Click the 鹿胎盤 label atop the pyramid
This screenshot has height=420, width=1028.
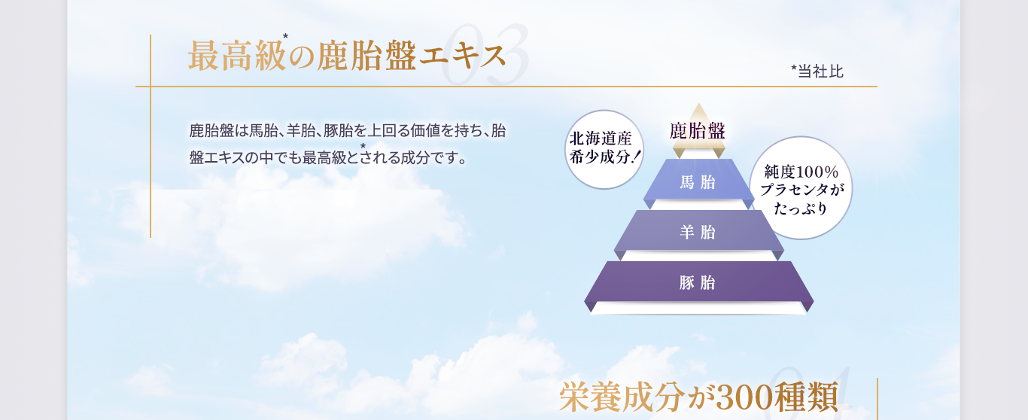tap(697, 131)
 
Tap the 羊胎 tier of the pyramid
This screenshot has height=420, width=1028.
tap(698, 231)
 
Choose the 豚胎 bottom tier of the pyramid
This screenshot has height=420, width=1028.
tap(698, 282)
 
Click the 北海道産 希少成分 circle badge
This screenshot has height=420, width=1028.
tap(604, 149)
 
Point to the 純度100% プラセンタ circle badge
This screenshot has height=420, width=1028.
tap(801, 187)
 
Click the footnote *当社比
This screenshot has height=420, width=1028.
tap(817, 72)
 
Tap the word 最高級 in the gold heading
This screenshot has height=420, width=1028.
tap(237, 56)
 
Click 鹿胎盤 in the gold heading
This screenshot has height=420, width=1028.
tap(366, 56)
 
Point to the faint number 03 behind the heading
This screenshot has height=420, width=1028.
tap(485, 55)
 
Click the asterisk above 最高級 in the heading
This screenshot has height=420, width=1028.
tap(285, 36)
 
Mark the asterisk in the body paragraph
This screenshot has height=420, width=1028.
tap(363, 146)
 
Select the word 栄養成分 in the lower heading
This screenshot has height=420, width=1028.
tap(622, 397)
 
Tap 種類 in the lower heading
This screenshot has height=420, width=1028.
tap(806, 397)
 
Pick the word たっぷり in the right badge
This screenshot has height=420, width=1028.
tap(801, 208)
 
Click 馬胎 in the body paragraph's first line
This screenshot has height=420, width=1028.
tap(263, 131)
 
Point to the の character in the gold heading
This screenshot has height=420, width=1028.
tap(302, 57)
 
